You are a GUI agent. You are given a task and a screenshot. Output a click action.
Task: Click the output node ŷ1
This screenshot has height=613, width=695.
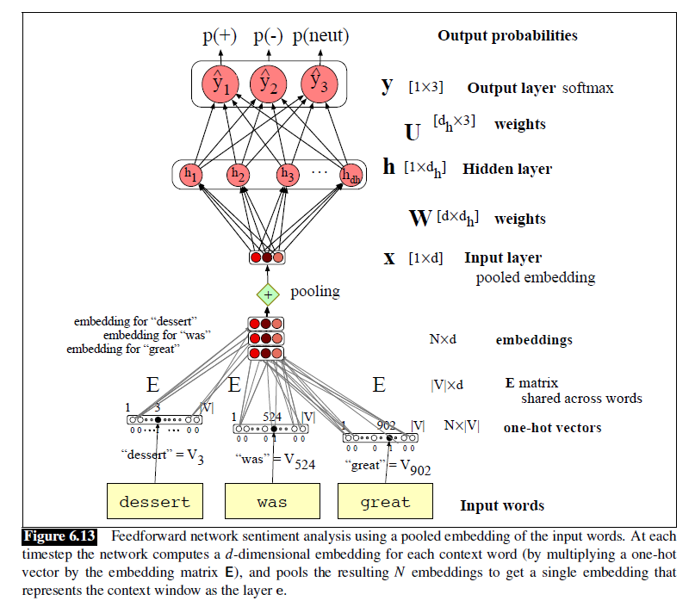(219, 84)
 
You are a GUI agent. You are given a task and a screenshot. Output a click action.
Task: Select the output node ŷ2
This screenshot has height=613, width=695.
(268, 84)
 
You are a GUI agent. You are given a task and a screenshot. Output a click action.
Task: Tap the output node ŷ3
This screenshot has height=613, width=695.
(317, 83)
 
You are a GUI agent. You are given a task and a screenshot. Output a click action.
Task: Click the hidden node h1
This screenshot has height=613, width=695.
(191, 175)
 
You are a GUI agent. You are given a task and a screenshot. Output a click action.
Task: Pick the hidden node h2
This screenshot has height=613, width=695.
(239, 175)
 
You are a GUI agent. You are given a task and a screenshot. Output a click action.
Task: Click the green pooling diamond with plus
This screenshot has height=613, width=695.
(267, 293)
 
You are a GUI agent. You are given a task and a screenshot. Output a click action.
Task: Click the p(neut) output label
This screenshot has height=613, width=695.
(320, 35)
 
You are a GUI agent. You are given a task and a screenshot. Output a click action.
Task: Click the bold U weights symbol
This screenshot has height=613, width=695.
(413, 132)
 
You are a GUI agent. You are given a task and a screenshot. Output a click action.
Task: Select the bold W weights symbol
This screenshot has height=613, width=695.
(419, 218)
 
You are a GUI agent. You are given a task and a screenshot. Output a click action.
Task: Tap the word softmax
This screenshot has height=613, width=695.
(588, 89)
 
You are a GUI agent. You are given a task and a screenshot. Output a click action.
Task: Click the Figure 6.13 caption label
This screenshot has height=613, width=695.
(59, 536)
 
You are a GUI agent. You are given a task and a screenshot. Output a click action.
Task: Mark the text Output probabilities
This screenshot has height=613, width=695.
(507, 35)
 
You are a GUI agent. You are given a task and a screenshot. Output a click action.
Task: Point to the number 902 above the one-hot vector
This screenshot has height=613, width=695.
(387, 424)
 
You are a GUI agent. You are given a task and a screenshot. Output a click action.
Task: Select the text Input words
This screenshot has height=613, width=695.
(501, 505)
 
